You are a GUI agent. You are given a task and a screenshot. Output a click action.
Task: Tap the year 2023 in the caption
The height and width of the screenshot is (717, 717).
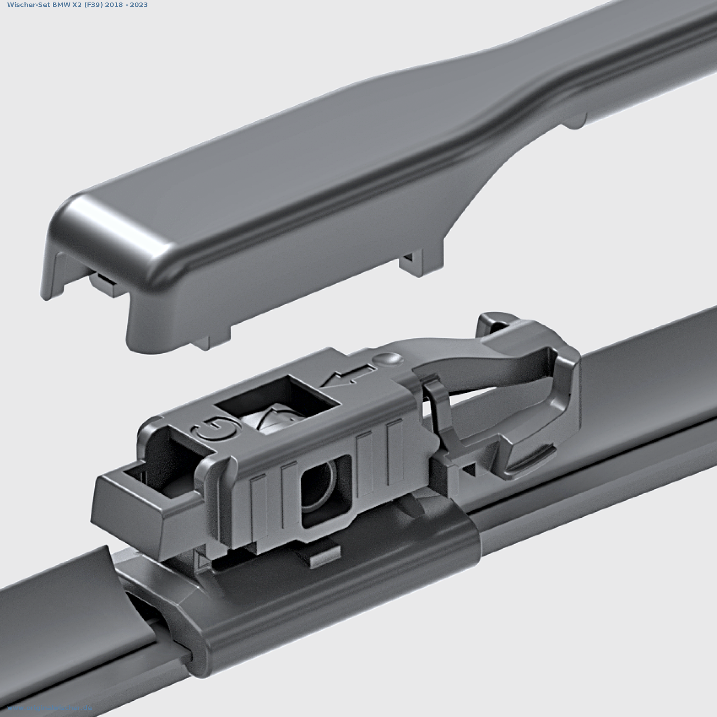click(139, 5)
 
